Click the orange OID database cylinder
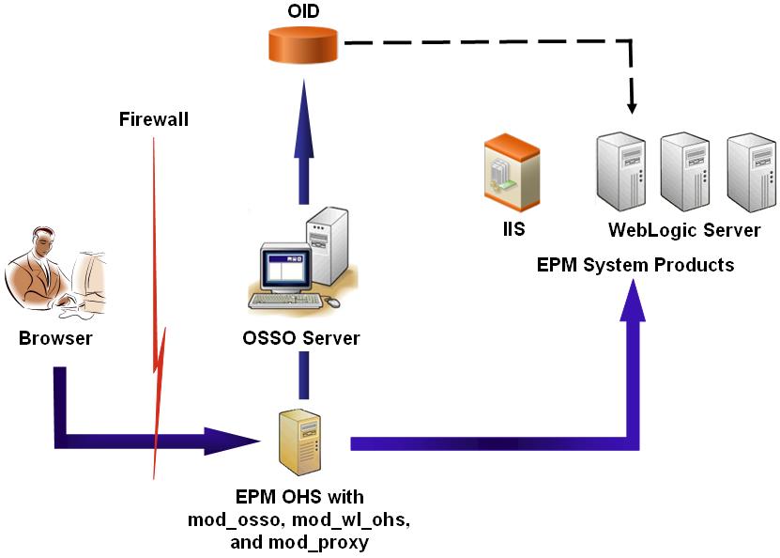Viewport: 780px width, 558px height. (302, 45)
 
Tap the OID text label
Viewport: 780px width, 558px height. (302, 12)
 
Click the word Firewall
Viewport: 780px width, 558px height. (154, 119)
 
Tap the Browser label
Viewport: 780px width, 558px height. (55, 338)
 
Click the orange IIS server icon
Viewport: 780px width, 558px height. (512, 170)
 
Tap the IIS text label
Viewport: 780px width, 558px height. (512, 229)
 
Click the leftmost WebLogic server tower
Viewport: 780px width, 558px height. (620, 171)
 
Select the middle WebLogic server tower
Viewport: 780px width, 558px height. (684, 171)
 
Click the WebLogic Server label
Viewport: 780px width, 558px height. (684, 230)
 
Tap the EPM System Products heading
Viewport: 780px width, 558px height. (635, 265)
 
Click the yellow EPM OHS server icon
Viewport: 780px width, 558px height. (300, 441)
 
